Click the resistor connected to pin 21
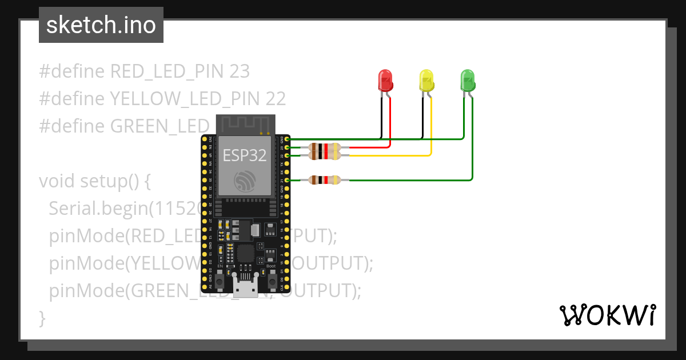(x=324, y=180)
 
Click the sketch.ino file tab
(x=101, y=25)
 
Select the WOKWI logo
(x=607, y=315)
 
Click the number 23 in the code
(x=239, y=71)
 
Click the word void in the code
(x=57, y=181)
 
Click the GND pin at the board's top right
(x=287, y=139)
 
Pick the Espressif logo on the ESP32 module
(x=245, y=182)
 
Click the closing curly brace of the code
(x=42, y=318)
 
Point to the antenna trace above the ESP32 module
(x=245, y=125)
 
